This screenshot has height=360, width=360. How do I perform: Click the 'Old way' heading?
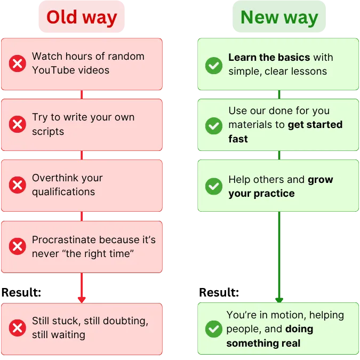82,18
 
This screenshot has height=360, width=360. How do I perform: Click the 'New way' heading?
279,18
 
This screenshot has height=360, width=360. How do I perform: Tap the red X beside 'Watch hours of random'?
18,64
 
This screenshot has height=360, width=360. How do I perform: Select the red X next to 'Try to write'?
18,125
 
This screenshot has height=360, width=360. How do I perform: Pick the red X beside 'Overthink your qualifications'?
18,186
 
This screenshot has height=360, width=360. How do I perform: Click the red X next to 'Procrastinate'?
18,246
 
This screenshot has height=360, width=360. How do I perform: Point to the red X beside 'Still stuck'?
18,328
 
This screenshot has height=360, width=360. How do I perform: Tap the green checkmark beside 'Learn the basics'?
214,65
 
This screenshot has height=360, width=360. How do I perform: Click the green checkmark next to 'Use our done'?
214,125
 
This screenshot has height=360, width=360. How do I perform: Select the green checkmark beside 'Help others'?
214,186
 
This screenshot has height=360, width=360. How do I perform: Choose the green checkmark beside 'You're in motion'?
214,329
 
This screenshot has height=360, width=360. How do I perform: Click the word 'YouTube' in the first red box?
52,70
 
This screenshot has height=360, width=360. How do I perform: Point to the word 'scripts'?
49,131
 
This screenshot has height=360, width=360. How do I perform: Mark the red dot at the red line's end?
82,299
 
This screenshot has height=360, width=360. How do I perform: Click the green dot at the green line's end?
278,299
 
